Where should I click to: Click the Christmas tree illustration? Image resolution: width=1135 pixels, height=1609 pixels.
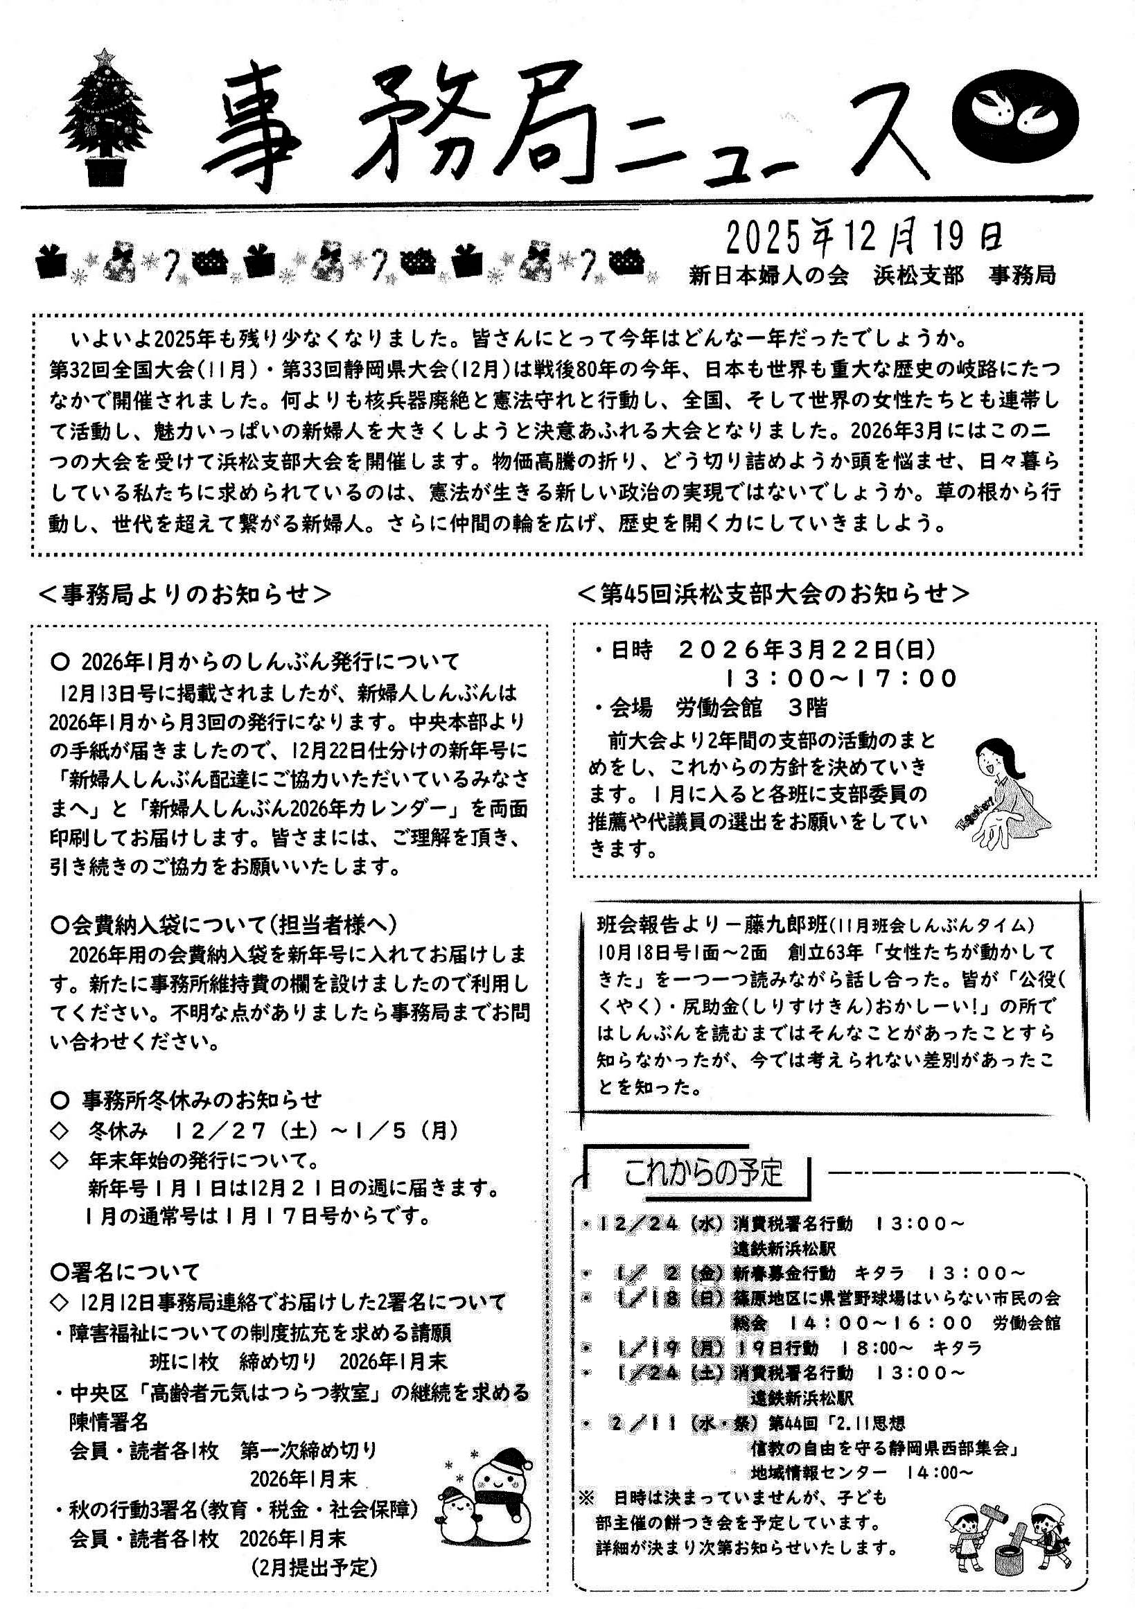pyautogui.click(x=105, y=119)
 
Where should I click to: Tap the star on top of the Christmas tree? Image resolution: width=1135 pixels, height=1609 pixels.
pyautogui.click(x=105, y=55)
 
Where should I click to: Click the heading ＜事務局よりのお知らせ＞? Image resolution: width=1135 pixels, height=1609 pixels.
pyautogui.click(x=186, y=595)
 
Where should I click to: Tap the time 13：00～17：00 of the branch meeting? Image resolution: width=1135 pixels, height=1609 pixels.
pyautogui.click(x=841, y=678)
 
